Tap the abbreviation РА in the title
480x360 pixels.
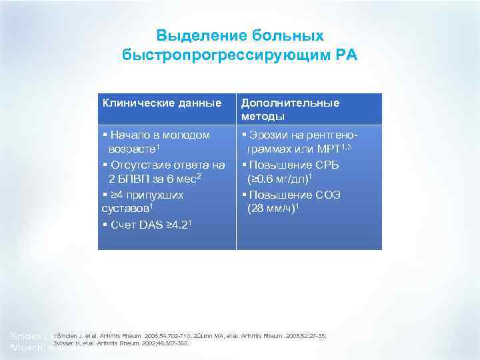coord(347,54)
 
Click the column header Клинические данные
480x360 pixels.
coord(162,103)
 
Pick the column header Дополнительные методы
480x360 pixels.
coord(290,109)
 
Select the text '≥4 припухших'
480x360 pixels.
coord(147,195)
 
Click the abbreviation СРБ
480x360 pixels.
coord(323,165)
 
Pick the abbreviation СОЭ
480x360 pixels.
coord(323,195)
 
